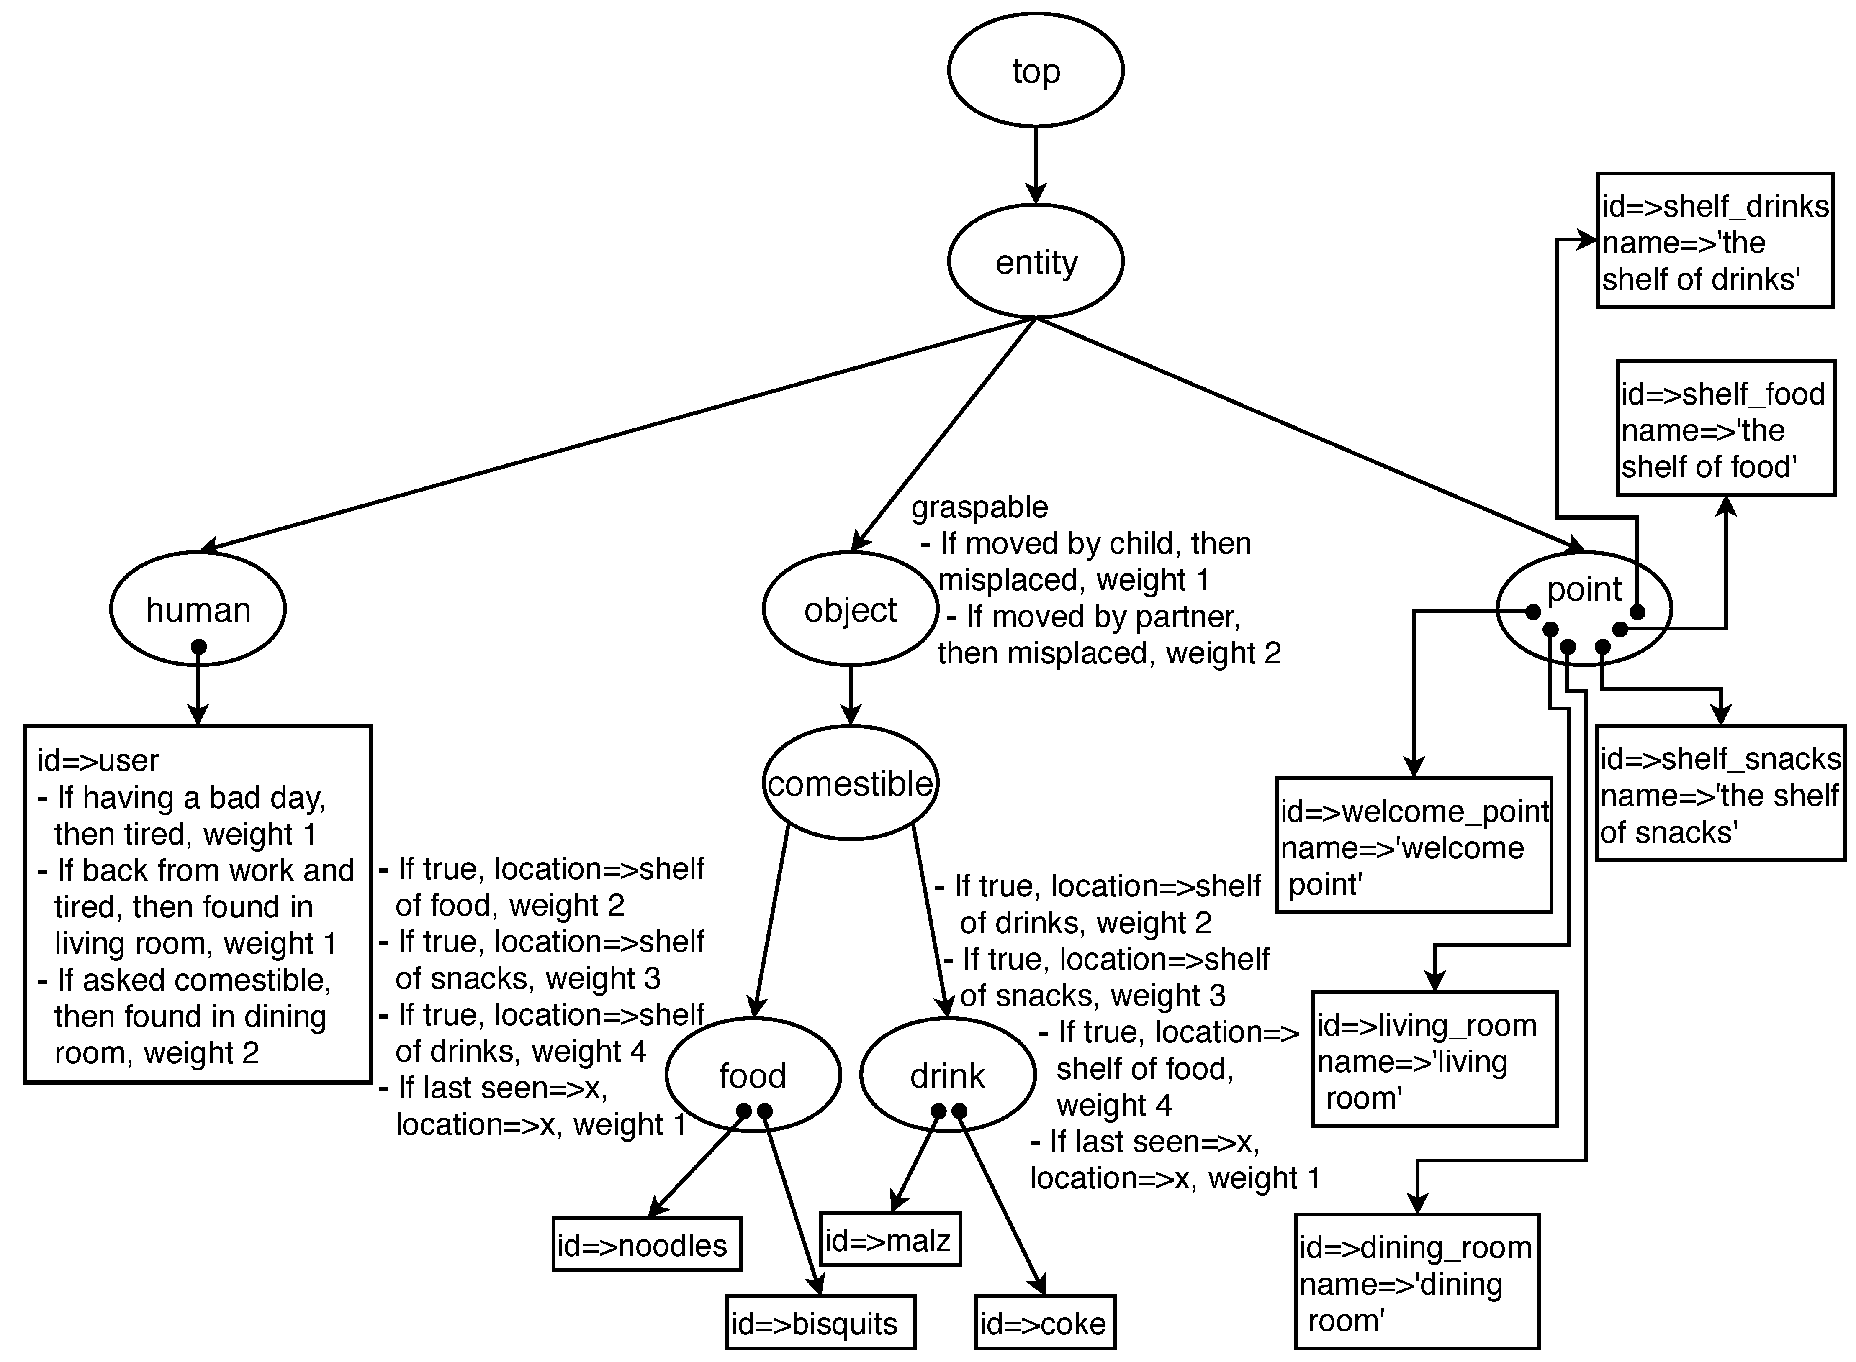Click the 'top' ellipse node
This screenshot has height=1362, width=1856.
[1035, 71]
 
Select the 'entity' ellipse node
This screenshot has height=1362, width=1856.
[1035, 262]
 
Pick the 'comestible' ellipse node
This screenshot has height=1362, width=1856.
[850, 783]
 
